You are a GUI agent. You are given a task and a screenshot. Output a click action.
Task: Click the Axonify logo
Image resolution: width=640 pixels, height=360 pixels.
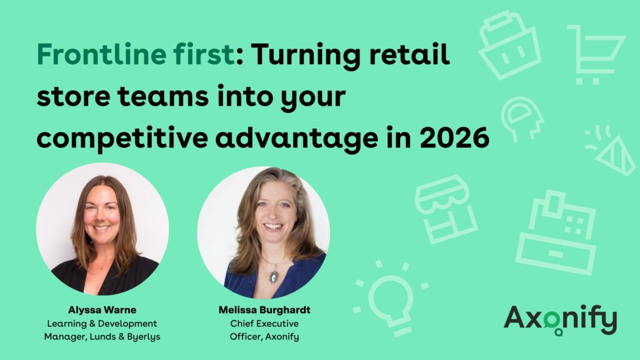(x=560, y=319)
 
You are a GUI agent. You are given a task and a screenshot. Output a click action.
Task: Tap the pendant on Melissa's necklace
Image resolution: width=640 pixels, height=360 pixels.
(x=272, y=276)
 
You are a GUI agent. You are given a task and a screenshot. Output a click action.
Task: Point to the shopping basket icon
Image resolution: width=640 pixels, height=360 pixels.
(x=509, y=44)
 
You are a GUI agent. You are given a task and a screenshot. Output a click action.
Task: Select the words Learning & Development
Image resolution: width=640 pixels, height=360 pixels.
(x=102, y=323)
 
